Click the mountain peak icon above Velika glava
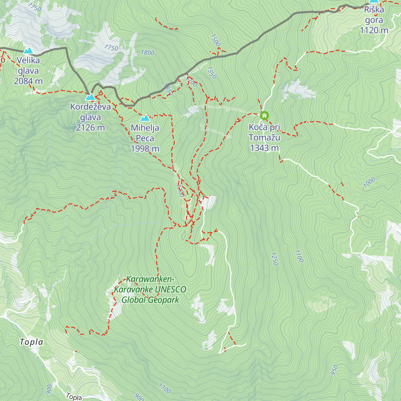coord(28,51)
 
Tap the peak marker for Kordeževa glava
coord(90,97)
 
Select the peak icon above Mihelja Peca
coord(145,118)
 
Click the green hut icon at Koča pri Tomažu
coord(264,116)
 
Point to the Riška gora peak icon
coord(374,1)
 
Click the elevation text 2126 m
coord(90,128)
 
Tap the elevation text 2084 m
coord(28,81)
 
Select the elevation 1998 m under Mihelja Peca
coord(145,149)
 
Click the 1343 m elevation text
coord(264,148)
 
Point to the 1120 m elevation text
coord(374,30)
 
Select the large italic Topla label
coord(31,342)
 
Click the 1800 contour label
coord(147,52)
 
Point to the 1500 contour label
coord(216,40)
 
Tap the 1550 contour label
coord(212,73)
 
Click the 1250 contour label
coord(274,259)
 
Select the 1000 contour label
coord(369,183)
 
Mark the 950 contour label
coord(334,370)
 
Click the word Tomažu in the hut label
coord(264,137)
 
